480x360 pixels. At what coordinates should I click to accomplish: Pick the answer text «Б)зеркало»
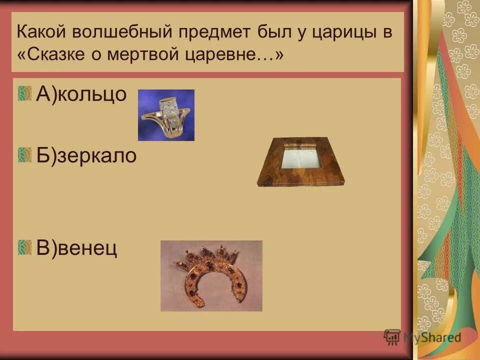point(86,155)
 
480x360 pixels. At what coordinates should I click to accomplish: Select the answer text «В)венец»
point(77,247)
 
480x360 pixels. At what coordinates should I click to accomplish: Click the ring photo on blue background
point(166,115)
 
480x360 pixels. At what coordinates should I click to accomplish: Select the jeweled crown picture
point(211,275)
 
